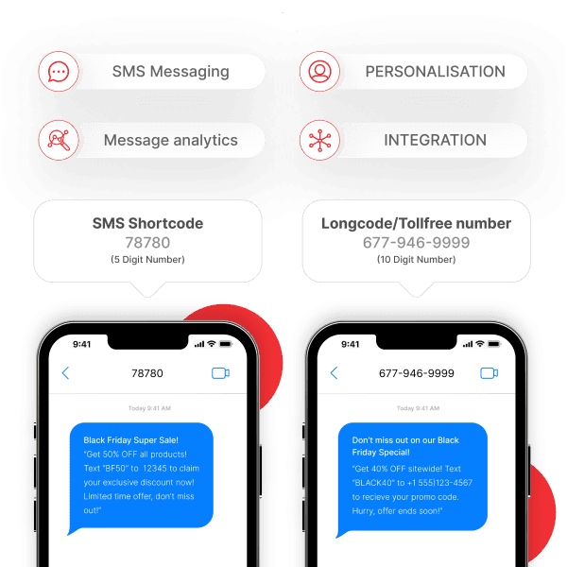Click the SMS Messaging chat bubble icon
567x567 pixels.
pyautogui.click(x=59, y=72)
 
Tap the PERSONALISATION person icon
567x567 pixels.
pyautogui.click(x=319, y=72)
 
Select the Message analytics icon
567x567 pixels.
pyautogui.click(x=59, y=141)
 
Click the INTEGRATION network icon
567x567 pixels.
pyautogui.click(x=319, y=141)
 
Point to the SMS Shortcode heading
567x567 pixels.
pyautogui.click(x=147, y=224)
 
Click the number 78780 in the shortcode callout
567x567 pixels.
pyautogui.click(x=147, y=243)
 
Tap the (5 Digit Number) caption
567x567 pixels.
pyautogui.click(x=147, y=259)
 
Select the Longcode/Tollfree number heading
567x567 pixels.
pyautogui.click(x=416, y=224)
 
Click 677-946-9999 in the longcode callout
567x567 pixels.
pyautogui.click(x=416, y=243)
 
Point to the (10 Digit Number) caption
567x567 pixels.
pyautogui.click(x=416, y=259)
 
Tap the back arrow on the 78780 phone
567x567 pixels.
pyautogui.click(x=65, y=373)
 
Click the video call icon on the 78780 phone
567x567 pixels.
pyautogui.click(x=220, y=373)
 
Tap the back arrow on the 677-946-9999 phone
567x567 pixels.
pyautogui.click(x=334, y=373)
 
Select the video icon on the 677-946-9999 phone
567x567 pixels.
pyautogui.click(x=489, y=373)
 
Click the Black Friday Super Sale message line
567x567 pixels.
pyautogui.click(x=130, y=440)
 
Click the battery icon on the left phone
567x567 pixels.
pyautogui.click(x=225, y=344)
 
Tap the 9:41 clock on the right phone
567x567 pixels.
pyautogui.click(x=350, y=344)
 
